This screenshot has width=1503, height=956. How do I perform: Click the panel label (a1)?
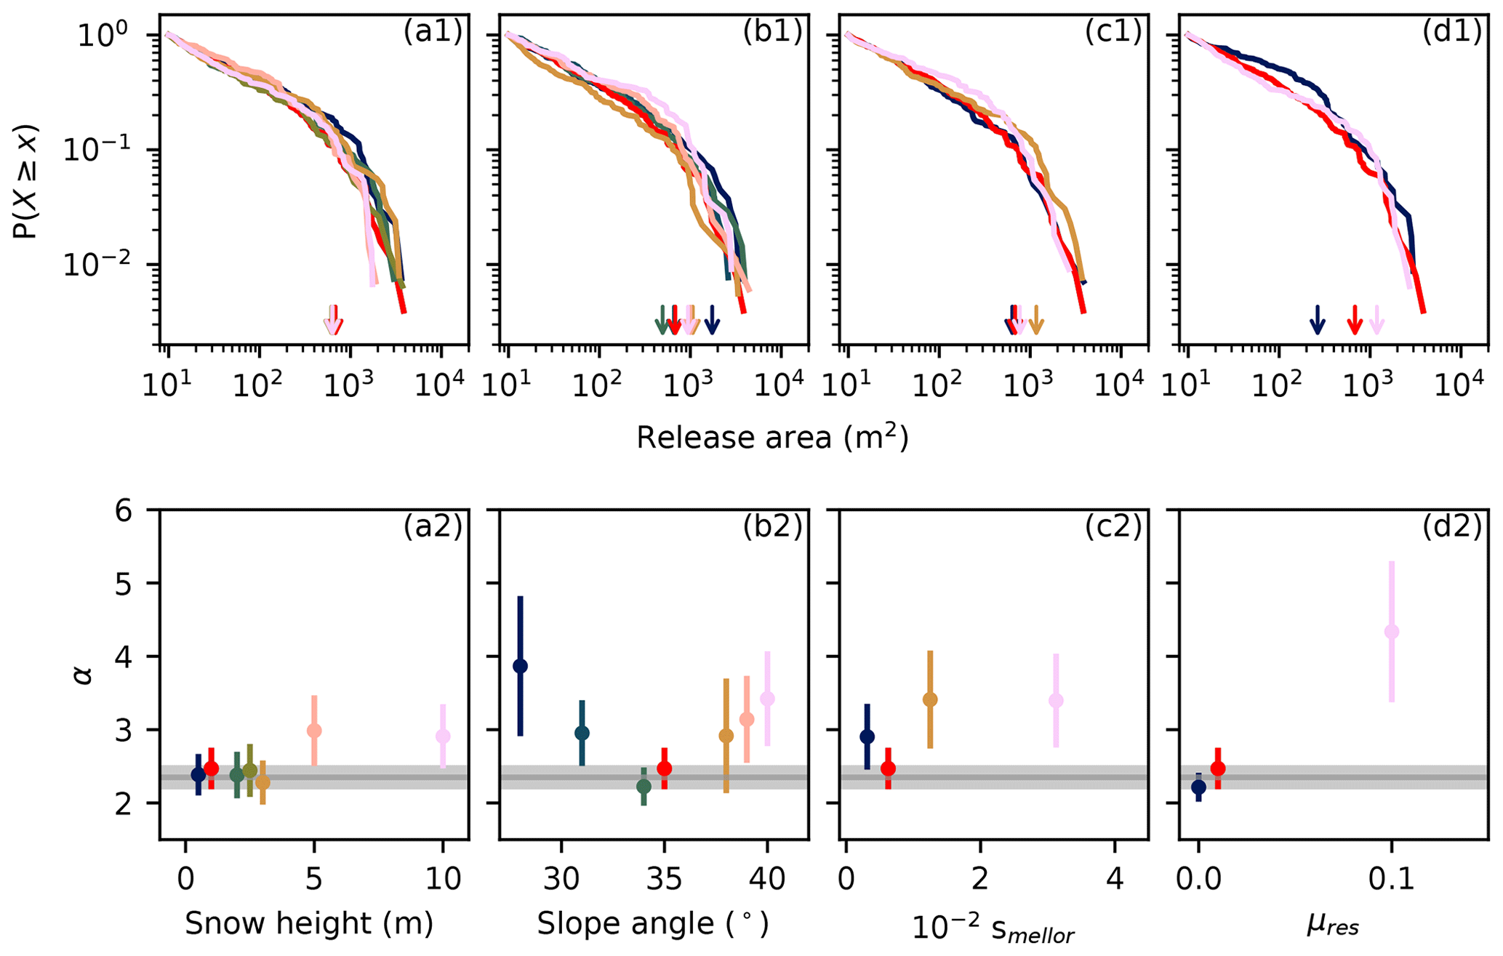pyautogui.click(x=433, y=33)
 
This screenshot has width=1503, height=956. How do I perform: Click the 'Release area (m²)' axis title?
pyautogui.click(x=772, y=438)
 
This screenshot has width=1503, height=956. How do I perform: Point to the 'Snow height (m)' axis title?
pyautogui.click(x=309, y=923)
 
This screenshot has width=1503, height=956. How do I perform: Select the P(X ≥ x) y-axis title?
pyautogui.click(x=28, y=182)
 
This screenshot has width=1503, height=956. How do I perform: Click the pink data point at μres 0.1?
pyautogui.click(x=1392, y=632)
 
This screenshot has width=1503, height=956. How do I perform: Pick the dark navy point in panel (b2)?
pyautogui.click(x=521, y=666)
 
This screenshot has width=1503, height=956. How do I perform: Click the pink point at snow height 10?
pyautogui.click(x=443, y=736)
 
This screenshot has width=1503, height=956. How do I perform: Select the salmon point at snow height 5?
pyautogui.click(x=314, y=731)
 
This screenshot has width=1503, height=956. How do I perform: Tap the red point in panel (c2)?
pyautogui.click(x=888, y=768)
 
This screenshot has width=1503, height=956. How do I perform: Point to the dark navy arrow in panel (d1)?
pyautogui.click(x=1317, y=320)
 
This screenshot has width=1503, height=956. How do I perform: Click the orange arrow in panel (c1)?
pyautogui.click(x=1036, y=320)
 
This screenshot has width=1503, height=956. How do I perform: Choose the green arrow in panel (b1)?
pyautogui.click(x=662, y=320)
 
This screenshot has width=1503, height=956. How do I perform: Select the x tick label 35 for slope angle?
pyautogui.click(x=664, y=880)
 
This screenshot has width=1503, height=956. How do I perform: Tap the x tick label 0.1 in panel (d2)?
pyautogui.click(x=1391, y=880)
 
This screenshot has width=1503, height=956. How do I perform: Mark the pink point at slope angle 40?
pyautogui.click(x=767, y=699)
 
